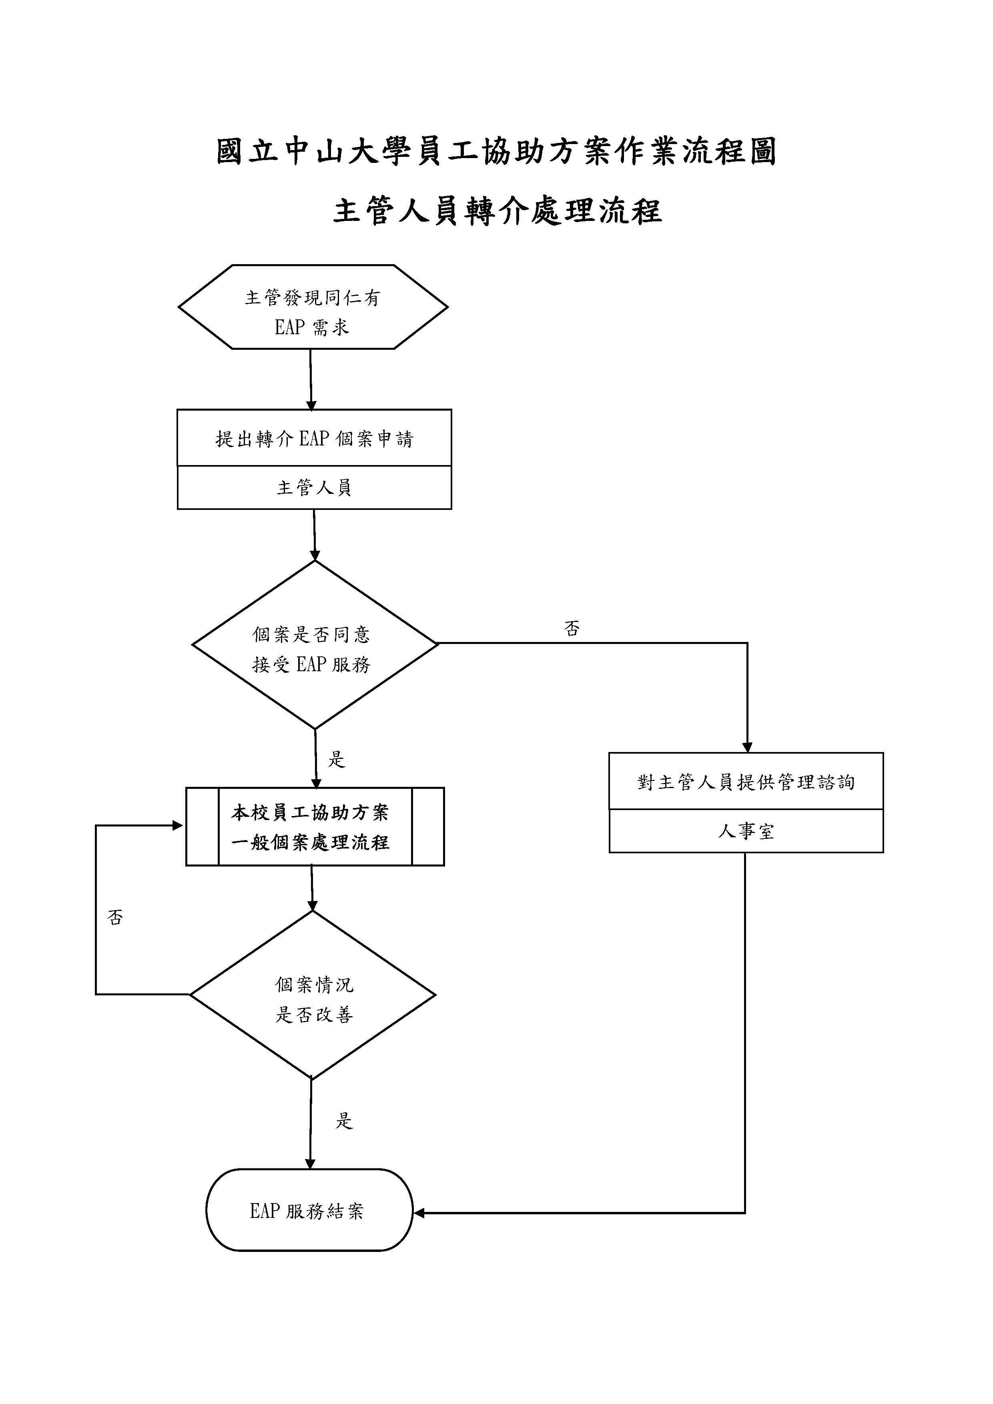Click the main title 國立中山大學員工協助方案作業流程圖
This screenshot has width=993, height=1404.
tap(496, 151)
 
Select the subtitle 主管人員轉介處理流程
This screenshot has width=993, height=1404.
tap(496, 211)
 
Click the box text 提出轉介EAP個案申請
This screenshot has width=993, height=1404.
tap(314, 438)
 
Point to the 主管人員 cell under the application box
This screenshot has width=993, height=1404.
tap(314, 487)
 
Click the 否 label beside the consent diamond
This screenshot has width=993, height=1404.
tap(572, 628)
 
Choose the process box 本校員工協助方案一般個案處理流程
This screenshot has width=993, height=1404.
tap(314, 827)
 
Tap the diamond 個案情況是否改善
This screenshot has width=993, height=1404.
tap(313, 995)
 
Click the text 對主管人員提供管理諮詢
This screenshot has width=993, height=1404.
tap(746, 782)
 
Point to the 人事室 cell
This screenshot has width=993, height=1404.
tap(746, 831)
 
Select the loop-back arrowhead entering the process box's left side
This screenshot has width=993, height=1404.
tap(178, 826)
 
